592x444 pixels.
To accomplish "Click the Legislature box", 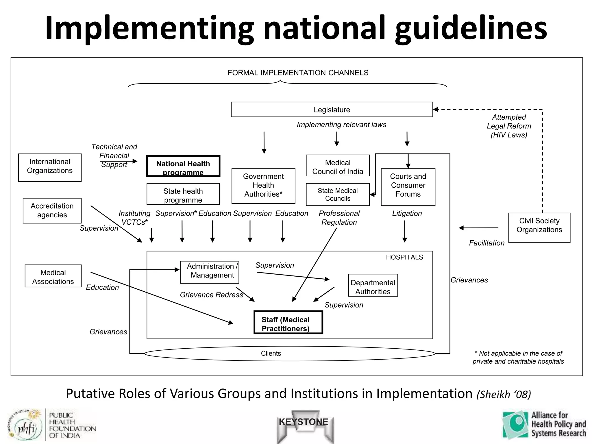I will click(x=332, y=110).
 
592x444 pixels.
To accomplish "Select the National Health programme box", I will click(x=183, y=166).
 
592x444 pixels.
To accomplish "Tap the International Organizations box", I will click(x=50, y=167).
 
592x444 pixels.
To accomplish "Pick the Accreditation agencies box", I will click(x=52, y=210).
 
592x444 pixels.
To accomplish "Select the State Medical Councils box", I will click(x=338, y=195).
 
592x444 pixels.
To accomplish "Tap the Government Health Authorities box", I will click(x=263, y=186).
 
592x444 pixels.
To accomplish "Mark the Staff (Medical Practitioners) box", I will click(x=288, y=323).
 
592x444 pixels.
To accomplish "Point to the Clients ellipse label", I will click(x=271, y=354).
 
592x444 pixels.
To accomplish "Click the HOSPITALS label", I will click(x=404, y=257).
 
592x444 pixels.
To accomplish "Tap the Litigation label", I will click(x=407, y=213).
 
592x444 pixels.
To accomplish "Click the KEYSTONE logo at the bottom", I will click(x=304, y=422).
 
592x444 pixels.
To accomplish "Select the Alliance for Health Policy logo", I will click(x=544, y=424).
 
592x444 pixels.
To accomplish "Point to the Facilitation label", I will click(x=486, y=243).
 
